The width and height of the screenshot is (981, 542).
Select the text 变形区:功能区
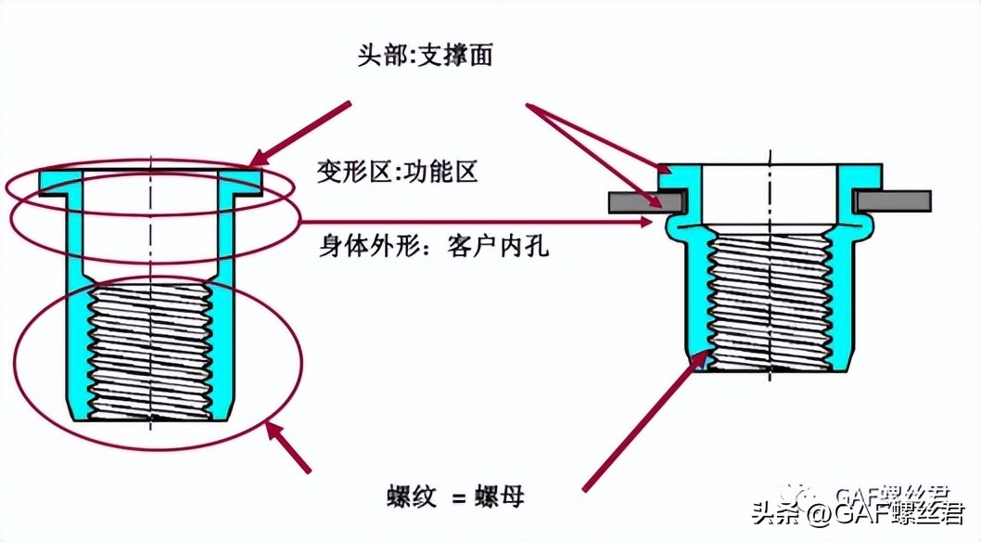click(x=397, y=173)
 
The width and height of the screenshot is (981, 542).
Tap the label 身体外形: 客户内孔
click(x=433, y=248)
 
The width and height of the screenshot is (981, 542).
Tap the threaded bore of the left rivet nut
click(x=150, y=353)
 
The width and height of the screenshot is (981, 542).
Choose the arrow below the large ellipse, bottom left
click(x=288, y=446)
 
